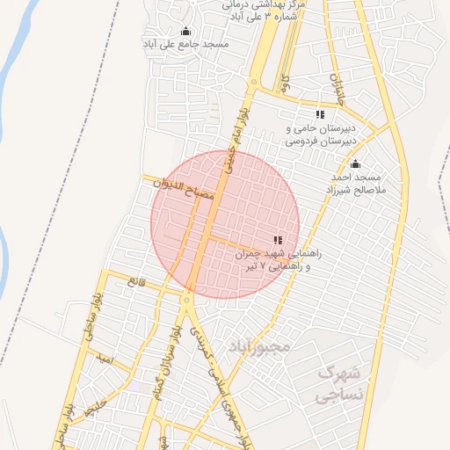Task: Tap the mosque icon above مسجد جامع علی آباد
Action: click(x=186, y=32)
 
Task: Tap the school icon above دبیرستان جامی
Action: click(x=321, y=114)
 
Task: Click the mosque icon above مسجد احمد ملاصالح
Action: click(x=355, y=164)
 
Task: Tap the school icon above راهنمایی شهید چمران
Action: click(x=279, y=240)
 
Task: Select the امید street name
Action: click(x=106, y=358)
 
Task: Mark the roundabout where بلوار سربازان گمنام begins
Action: click(x=186, y=301)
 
